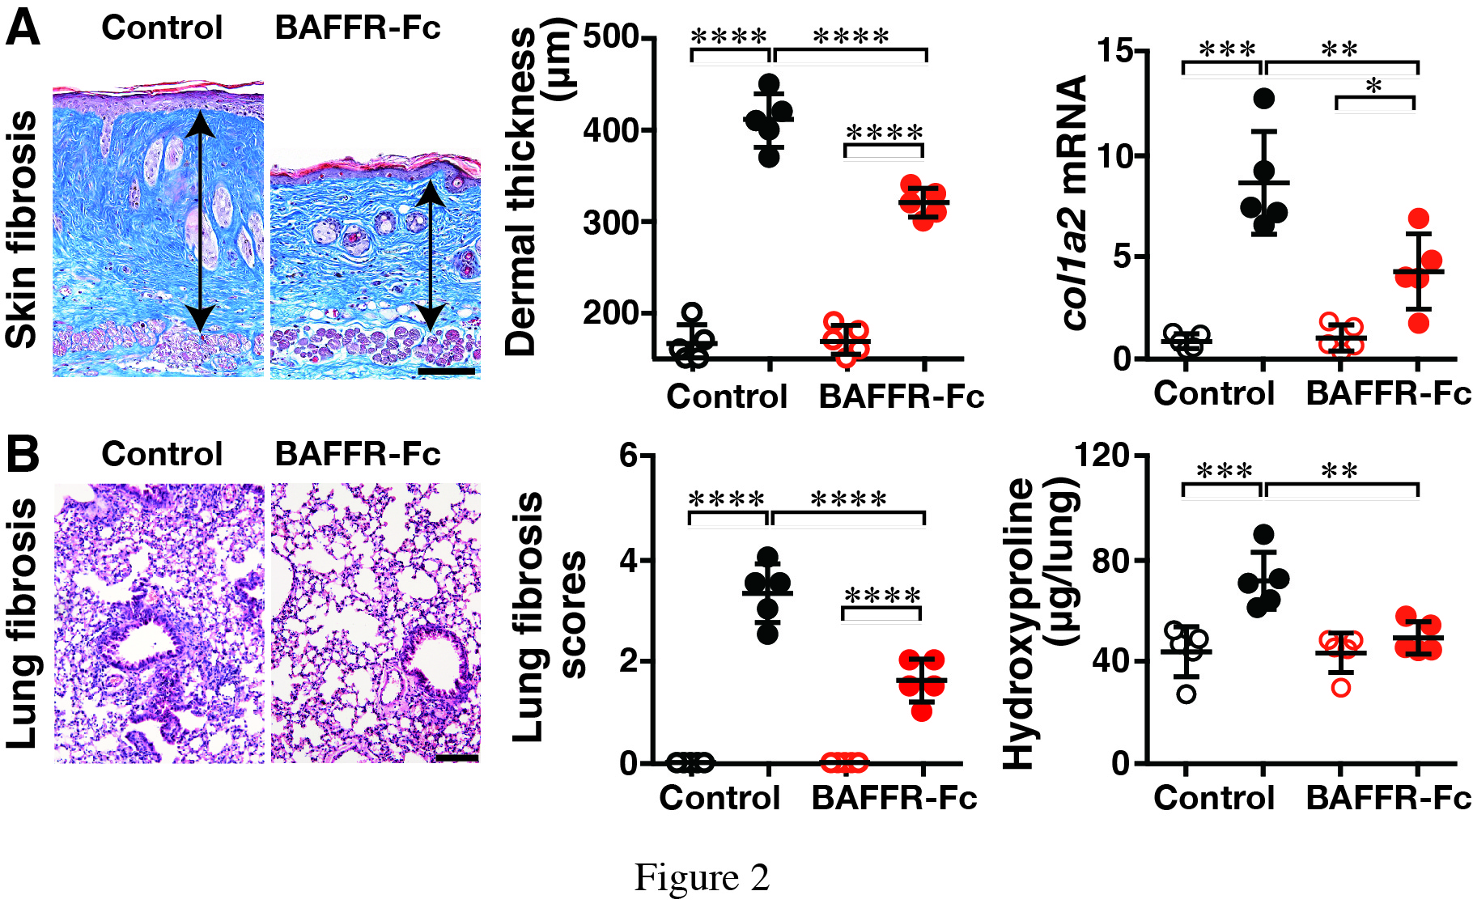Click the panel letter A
pyautogui.click(x=23, y=28)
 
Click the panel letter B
pyautogui.click(x=23, y=454)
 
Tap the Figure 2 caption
pyautogui.click(x=702, y=877)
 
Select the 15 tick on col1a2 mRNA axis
pyautogui.click(x=1114, y=51)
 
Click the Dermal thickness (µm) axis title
pyautogui.click(x=538, y=193)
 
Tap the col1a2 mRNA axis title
pyautogui.click(x=1074, y=202)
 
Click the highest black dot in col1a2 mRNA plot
pyautogui.click(x=1263, y=99)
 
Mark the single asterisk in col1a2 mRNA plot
pyautogui.click(x=1373, y=87)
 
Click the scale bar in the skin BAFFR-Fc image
pyautogui.click(x=446, y=371)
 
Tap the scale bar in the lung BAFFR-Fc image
pyautogui.click(x=456, y=758)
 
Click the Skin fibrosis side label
pyautogui.click(x=23, y=230)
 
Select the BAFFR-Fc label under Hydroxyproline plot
pyautogui.click(x=1387, y=798)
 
